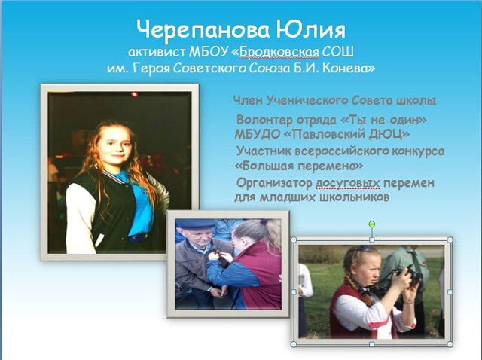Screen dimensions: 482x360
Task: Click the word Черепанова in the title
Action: (x=203, y=30)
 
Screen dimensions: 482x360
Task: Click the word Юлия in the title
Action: (x=310, y=30)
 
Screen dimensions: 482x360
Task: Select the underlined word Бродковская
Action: (x=279, y=52)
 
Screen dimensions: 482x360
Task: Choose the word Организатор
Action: (x=274, y=183)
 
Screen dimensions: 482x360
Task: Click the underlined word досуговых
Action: (x=348, y=184)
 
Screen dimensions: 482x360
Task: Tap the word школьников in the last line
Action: (x=355, y=197)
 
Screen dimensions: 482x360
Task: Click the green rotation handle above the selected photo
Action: (x=371, y=224)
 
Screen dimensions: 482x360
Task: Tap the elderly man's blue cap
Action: (x=196, y=224)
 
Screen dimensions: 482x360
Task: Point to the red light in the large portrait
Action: (x=134, y=94)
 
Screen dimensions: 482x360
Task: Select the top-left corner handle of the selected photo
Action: (x=294, y=239)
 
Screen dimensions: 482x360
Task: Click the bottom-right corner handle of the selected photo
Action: (x=450, y=344)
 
